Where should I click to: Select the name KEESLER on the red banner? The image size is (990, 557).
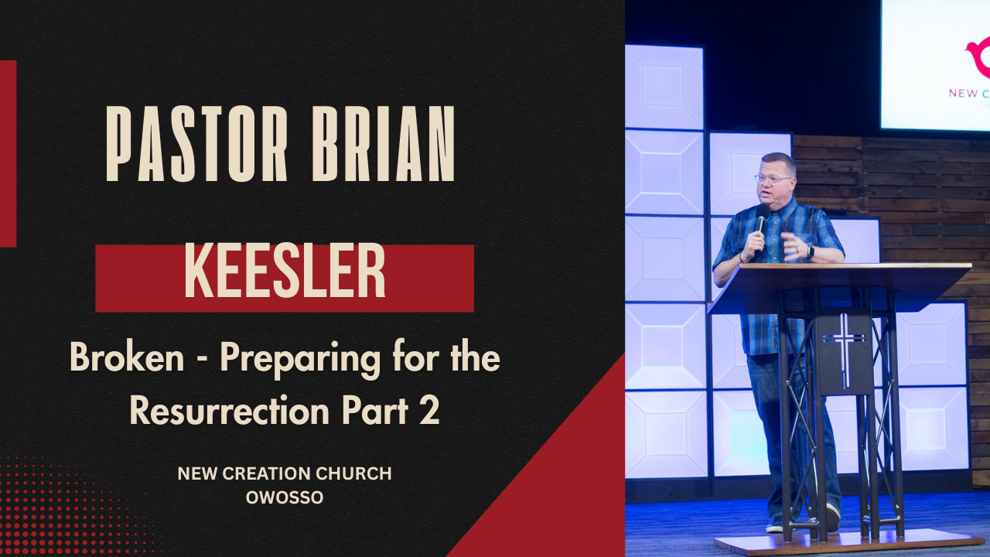tap(285, 272)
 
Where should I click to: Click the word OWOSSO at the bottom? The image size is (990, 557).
tap(285, 498)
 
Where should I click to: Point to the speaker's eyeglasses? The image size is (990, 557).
tap(773, 179)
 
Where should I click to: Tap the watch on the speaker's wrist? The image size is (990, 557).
tap(809, 251)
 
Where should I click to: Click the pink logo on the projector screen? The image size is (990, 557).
tap(978, 58)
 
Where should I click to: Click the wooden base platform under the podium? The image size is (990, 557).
tap(851, 542)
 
